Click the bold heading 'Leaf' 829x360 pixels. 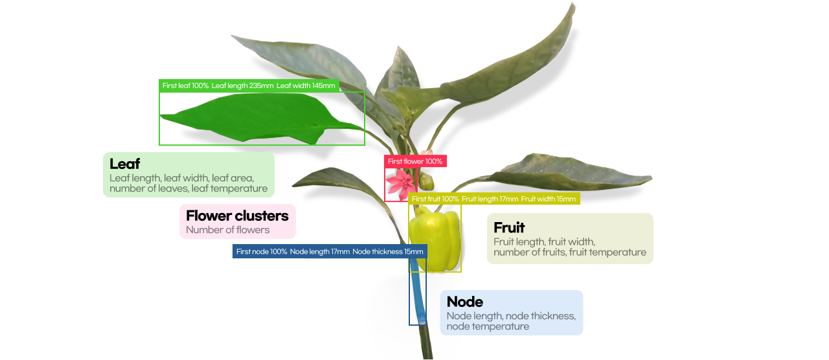tap(125, 164)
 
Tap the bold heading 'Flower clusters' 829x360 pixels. tap(237, 216)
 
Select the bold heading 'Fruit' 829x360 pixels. tap(509, 228)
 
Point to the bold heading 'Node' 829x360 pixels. tap(465, 302)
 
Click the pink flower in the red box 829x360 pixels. tap(397, 183)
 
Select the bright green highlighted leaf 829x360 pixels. tap(259, 118)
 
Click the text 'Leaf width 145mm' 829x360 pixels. tap(306, 85)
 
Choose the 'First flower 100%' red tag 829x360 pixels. tap(415, 161)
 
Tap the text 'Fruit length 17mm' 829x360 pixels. tap(490, 199)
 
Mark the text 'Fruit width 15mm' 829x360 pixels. tap(548, 199)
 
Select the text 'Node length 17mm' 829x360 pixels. tap(319, 251)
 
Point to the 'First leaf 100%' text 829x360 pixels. tap(185, 85)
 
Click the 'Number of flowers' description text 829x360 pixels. tap(227, 230)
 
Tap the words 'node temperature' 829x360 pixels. tap(488, 327)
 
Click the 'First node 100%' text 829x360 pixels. tap(261, 251)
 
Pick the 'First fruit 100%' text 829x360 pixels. tap(435, 199)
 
